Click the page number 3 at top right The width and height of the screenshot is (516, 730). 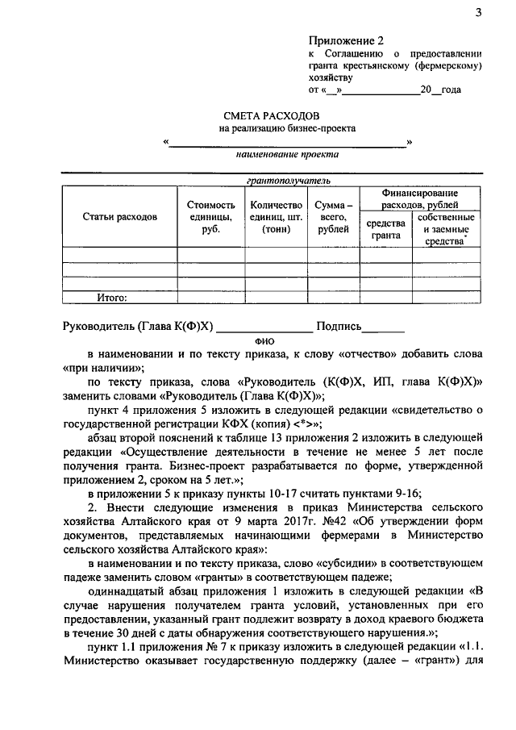pos(478,11)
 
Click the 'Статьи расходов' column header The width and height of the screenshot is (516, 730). pos(120,217)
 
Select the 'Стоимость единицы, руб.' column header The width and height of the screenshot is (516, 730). pos(210,217)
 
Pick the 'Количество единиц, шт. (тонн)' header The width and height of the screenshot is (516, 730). pos(276,217)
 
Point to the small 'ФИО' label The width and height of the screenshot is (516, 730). pos(264,341)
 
